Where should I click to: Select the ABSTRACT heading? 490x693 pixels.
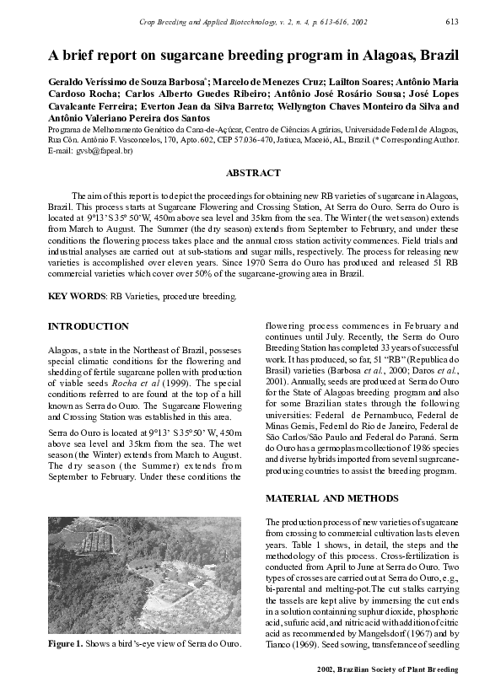(x=253, y=173)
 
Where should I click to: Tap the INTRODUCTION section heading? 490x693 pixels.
(x=89, y=326)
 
